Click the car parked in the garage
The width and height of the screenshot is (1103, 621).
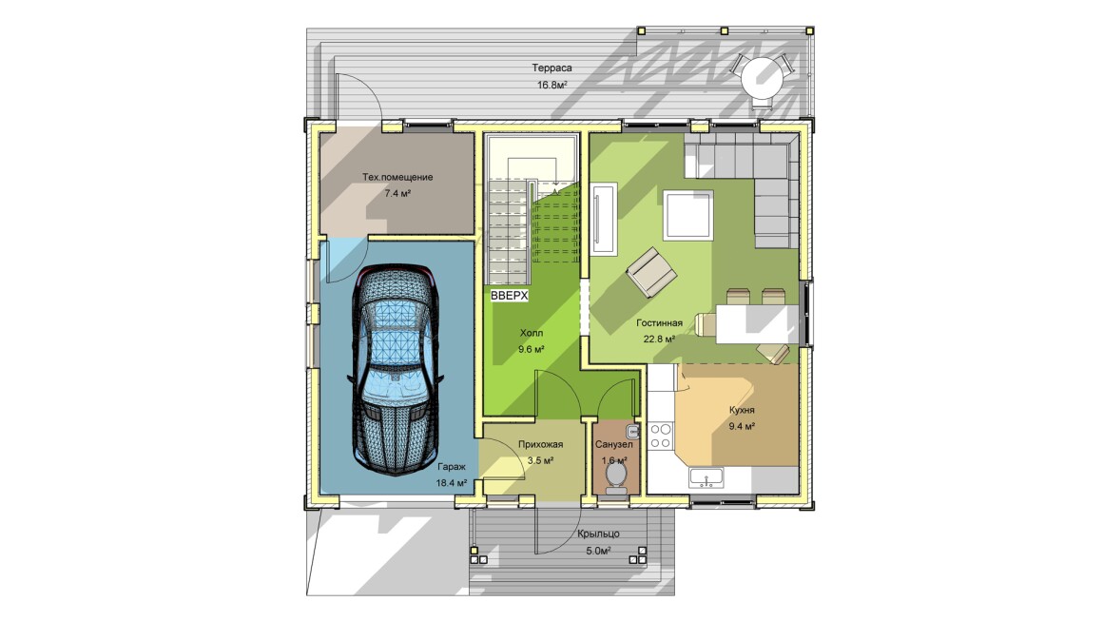pyautogui.click(x=394, y=369)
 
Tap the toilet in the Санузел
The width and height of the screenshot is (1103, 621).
pyautogui.click(x=615, y=478)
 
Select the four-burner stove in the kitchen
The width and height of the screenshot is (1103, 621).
pyautogui.click(x=661, y=436)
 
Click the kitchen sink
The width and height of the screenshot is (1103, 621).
pyautogui.click(x=706, y=476)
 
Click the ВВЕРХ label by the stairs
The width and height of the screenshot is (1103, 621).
pyautogui.click(x=510, y=296)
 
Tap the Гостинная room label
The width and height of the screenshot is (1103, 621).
pyautogui.click(x=659, y=322)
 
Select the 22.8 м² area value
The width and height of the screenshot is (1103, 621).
pyautogui.click(x=659, y=339)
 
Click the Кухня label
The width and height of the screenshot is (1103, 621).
pyautogui.click(x=742, y=410)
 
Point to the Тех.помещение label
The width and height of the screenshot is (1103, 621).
pyautogui.click(x=397, y=177)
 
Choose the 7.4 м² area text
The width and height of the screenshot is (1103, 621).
pyautogui.click(x=397, y=193)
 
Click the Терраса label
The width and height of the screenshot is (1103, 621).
pyautogui.click(x=551, y=68)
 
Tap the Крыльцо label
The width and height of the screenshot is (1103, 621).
pyautogui.click(x=598, y=534)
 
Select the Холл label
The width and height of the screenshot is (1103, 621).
pyautogui.click(x=532, y=333)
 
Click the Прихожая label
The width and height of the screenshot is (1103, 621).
pyautogui.click(x=540, y=444)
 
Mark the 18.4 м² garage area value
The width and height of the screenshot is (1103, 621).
pyautogui.click(x=451, y=482)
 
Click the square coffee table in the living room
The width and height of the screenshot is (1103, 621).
pyautogui.click(x=689, y=214)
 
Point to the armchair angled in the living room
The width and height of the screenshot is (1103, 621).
pyautogui.click(x=652, y=271)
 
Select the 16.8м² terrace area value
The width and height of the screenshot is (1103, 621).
pyautogui.click(x=552, y=85)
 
